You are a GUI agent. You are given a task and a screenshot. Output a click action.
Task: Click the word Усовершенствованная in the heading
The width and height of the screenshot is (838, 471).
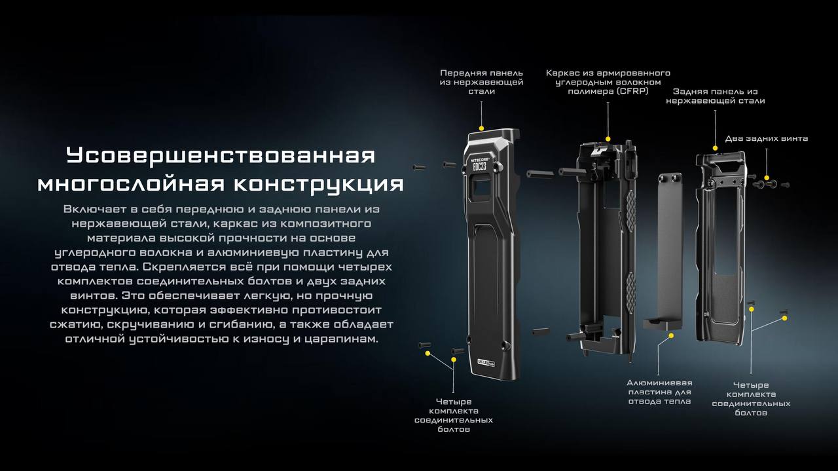(x=221, y=155)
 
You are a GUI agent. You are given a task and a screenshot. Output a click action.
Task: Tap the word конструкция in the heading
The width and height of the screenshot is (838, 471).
(x=319, y=184)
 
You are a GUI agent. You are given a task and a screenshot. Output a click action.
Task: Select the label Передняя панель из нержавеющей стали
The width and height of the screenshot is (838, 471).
(x=481, y=82)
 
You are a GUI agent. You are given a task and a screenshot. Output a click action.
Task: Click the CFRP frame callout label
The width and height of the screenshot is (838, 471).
(x=608, y=82)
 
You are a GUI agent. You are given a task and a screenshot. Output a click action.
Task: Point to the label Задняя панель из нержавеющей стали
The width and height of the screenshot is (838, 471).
(x=716, y=96)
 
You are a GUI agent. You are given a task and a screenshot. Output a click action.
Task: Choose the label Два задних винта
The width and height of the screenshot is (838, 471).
(x=767, y=138)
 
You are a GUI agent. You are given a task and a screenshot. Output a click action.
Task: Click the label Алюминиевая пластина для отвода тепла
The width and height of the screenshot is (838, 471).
(x=659, y=392)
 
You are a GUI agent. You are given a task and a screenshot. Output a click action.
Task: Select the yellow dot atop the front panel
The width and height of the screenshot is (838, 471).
(x=481, y=128)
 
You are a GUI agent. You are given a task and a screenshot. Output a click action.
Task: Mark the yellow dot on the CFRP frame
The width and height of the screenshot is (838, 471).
(x=608, y=139)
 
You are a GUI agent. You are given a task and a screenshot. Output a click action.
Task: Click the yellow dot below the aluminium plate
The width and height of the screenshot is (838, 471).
(x=671, y=336)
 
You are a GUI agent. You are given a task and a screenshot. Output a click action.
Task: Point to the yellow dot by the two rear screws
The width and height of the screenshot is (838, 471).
(x=767, y=178)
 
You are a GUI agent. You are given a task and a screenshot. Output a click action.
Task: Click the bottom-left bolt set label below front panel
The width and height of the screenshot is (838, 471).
(x=454, y=415)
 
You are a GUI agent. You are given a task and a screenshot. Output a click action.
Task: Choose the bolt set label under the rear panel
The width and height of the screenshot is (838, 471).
(x=751, y=399)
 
